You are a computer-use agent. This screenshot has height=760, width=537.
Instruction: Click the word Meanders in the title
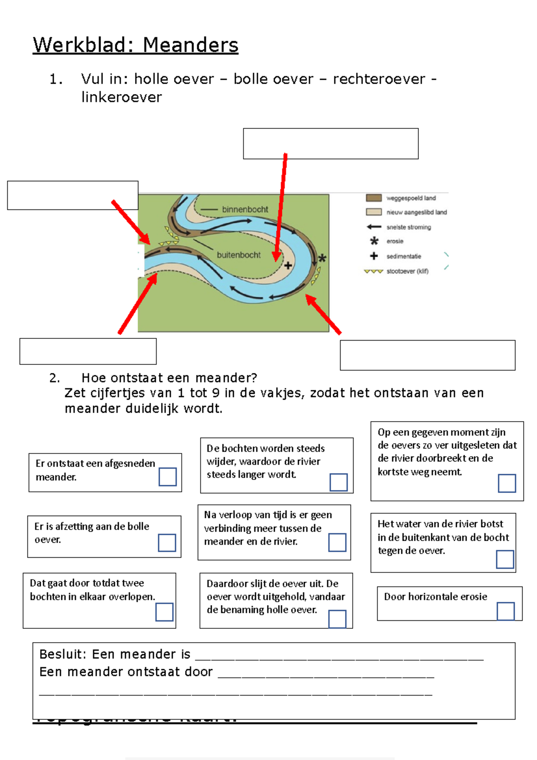[191, 45]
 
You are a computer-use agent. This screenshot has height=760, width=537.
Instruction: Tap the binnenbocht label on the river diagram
[245, 209]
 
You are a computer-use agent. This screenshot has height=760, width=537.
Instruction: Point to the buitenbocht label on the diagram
[239, 255]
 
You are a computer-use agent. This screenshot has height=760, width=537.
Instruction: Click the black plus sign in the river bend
[288, 265]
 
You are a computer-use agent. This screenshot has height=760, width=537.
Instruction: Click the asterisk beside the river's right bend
[322, 258]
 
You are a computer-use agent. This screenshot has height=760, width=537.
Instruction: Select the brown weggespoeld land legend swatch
[374, 198]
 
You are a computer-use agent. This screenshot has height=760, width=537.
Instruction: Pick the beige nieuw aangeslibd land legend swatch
[374, 212]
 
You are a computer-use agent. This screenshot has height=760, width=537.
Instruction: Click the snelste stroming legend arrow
[374, 227]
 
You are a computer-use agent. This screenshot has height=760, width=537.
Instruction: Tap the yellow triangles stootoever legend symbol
[373, 271]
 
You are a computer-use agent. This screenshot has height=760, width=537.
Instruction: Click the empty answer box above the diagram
[331, 144]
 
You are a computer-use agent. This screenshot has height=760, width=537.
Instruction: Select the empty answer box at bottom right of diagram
[427, 355]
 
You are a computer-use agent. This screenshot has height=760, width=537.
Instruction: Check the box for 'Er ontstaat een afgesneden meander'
[167, 477]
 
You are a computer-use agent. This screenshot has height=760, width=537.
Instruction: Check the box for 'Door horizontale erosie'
[506, 611]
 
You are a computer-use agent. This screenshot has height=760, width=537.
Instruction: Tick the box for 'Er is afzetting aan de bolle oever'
[167, 542]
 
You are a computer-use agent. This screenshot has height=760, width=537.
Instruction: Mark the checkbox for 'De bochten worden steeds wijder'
[338, 482]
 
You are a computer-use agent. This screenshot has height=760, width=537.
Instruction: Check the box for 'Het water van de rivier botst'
[505, 559]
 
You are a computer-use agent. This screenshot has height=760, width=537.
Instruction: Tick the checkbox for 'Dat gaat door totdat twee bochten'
[164, 612]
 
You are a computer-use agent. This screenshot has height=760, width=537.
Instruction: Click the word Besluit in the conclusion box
[62, 654]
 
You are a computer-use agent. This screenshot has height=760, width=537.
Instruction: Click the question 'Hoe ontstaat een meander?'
[169, 378]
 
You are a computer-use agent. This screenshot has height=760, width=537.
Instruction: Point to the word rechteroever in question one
[379, 79]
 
